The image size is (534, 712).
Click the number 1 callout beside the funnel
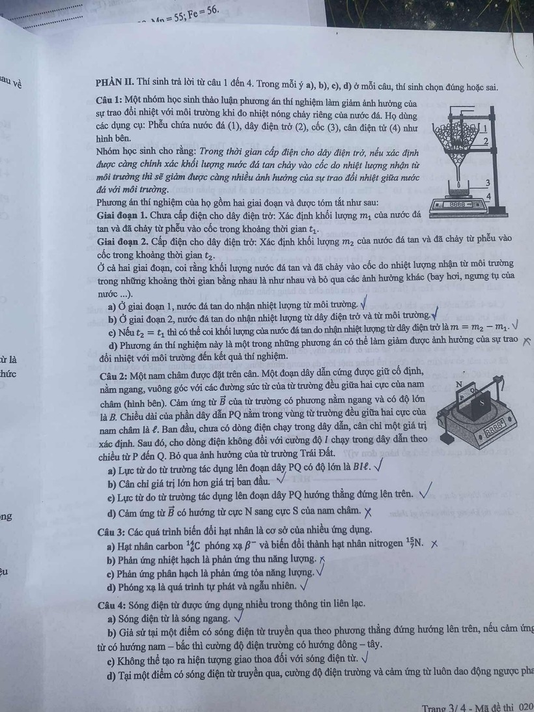click(x=485, y=128)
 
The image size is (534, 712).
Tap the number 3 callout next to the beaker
click(x=488, y=184)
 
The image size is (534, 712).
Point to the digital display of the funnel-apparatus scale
click(x=461, y=205)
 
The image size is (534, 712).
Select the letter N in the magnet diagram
click(x=460, y=385)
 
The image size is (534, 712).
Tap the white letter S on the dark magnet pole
click(x=481, y=403)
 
